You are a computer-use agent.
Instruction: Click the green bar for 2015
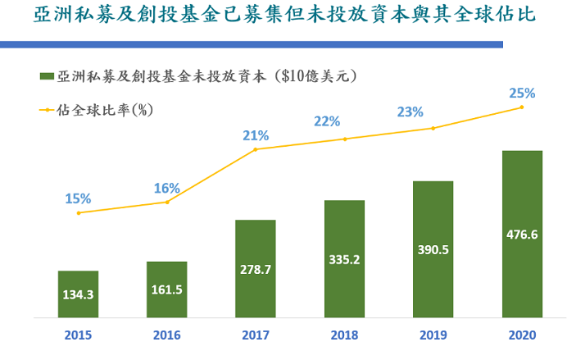(79, 294)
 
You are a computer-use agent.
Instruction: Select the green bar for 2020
(522, 234)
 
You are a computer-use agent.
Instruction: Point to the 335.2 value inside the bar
(344, 259)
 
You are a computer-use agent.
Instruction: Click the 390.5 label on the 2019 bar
(433, 248)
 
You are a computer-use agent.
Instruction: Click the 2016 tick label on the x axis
(166, 335)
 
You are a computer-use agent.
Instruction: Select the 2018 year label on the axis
(344, 335)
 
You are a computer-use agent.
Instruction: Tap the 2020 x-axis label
(522, 335)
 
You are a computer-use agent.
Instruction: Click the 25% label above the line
(522, 93)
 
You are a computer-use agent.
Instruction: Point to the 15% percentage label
(79, 198)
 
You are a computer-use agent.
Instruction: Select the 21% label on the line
(256, 135)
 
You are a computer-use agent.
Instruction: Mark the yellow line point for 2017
(256, 149)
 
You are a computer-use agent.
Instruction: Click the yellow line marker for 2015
(79, 213)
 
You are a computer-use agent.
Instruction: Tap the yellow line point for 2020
(522, 107)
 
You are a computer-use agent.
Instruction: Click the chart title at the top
(283, 17)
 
